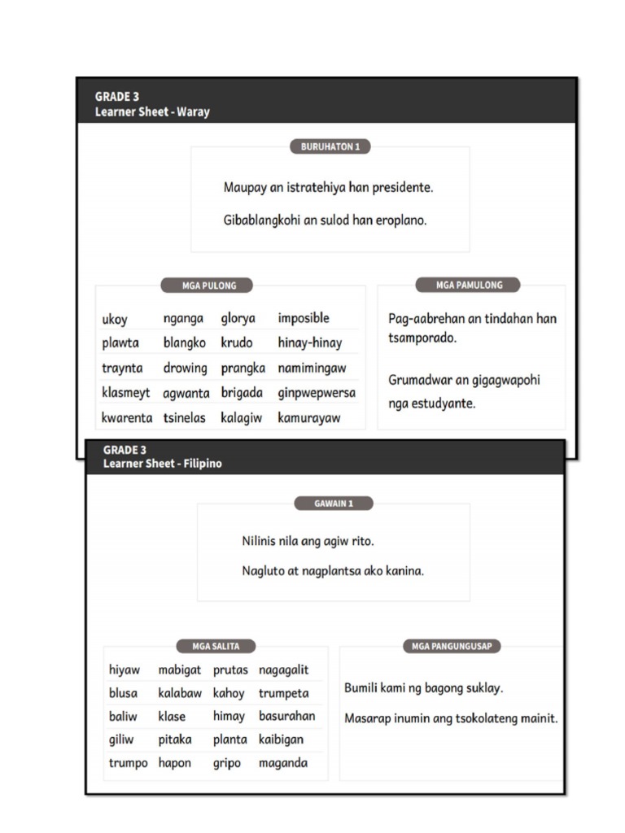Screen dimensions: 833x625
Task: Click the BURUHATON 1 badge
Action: click(x=330, y=146)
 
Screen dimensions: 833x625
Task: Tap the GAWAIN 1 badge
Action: click(x=333, y=504)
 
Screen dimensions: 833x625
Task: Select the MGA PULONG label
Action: click(x=209, y=286)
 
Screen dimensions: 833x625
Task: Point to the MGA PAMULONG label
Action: click(x=469, y=285)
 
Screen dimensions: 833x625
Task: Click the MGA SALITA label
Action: click(x=216, y=646)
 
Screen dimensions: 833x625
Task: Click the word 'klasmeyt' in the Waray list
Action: click(x=125, y=393)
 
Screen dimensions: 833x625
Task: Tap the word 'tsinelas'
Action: click(x=186, y=418)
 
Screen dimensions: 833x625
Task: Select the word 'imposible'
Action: click(x=304, y=318)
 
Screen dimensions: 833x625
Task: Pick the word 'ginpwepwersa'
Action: click(x=317, y=393)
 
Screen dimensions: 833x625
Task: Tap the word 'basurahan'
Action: click(x=286, y=717)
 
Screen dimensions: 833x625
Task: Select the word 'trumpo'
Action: click(x=128, y=764)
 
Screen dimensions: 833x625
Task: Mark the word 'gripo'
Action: click(x=227, y=764)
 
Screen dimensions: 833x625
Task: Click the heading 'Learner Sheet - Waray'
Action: click(x=152, y=111)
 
